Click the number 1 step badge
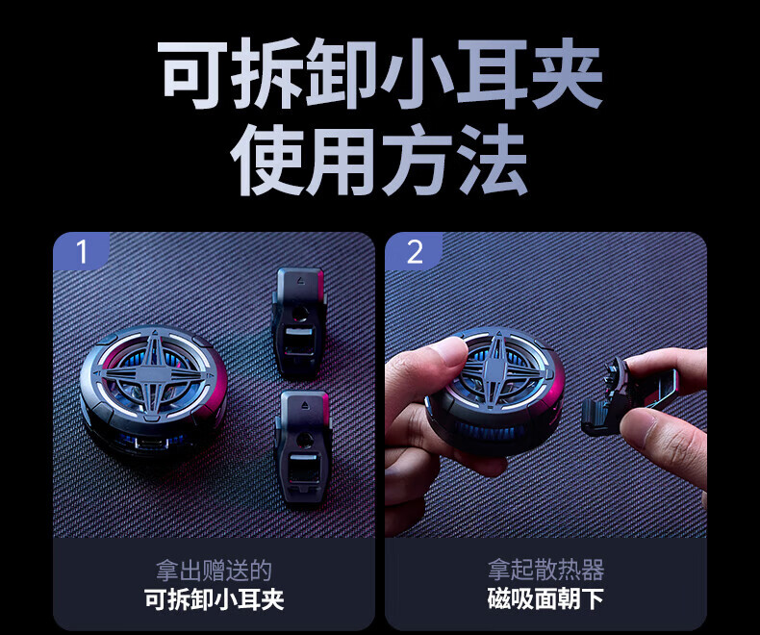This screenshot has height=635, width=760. (81, 250)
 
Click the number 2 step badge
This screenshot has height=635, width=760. (414, 250)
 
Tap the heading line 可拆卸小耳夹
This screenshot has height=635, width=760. (380, 74)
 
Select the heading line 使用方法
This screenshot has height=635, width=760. (379, 160)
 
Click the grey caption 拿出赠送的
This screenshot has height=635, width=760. (214, 570)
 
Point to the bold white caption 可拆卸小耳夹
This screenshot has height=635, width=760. (214, 599)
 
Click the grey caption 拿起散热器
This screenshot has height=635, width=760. (545, 570)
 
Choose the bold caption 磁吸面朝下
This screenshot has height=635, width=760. (545, 599)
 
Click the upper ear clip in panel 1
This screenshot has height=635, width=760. (298, 323)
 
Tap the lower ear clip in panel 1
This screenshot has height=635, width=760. (303, 447)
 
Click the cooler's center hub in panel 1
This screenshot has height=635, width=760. (153, 374)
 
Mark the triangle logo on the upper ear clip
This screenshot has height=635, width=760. (301, 281)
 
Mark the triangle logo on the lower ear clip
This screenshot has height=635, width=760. (304, 405)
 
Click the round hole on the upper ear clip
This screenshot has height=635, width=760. (298, 314)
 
